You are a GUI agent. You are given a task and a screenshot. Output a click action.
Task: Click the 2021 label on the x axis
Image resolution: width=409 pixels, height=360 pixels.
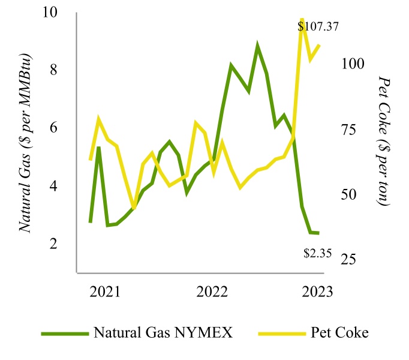105,292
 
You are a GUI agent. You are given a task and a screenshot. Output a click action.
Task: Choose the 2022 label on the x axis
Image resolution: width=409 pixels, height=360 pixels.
211,292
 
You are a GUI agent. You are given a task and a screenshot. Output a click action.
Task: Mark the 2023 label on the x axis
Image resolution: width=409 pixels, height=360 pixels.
317,292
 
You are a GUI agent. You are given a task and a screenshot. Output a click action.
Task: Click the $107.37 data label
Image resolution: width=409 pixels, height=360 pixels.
319,26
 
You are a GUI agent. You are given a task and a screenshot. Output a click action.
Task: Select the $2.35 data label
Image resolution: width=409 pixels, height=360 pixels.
318,253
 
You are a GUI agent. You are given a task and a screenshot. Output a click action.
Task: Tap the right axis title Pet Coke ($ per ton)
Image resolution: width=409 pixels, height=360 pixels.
384,143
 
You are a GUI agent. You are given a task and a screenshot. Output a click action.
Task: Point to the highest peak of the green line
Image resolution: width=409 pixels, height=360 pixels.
257,46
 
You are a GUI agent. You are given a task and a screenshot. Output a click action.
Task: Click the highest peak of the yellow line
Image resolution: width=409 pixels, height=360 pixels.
302,20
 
